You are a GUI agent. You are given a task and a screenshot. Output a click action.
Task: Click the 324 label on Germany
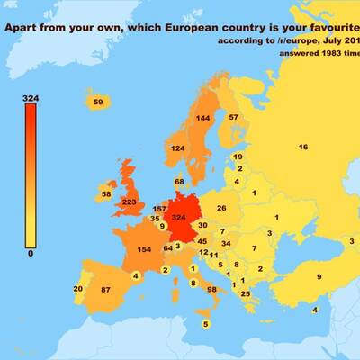[x=178, y=218]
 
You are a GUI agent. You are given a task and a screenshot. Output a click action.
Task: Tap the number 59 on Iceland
[x=98, y=103]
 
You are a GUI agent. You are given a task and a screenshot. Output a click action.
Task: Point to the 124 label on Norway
[x=178, y=148]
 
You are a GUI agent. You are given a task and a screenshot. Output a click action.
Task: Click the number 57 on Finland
[x=233, y=118]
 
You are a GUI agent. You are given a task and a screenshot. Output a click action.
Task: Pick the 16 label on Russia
[x=303, y=147]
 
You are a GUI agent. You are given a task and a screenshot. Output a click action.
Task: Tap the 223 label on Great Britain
[x=129, y=202]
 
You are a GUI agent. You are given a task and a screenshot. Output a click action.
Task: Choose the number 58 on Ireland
[x=105, y=194]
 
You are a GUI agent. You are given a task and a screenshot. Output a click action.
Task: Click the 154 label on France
[x=143, y=249]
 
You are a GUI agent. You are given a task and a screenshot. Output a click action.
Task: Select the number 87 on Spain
[x=105, y=290]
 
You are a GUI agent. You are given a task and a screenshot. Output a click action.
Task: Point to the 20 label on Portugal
[x=78, y=289]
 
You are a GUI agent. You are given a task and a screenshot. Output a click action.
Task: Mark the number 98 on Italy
[x=212, y=290]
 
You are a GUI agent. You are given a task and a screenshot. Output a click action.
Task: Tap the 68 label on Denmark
[x=179, y=182]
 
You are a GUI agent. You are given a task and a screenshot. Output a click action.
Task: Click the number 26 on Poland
[x=221, y=209]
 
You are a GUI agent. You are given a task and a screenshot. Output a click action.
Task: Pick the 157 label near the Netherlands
[x=159, y=209]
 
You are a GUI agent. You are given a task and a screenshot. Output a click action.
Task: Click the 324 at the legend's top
[x=31, y=96]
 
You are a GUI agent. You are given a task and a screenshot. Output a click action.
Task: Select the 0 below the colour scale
[x=31, y=254]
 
